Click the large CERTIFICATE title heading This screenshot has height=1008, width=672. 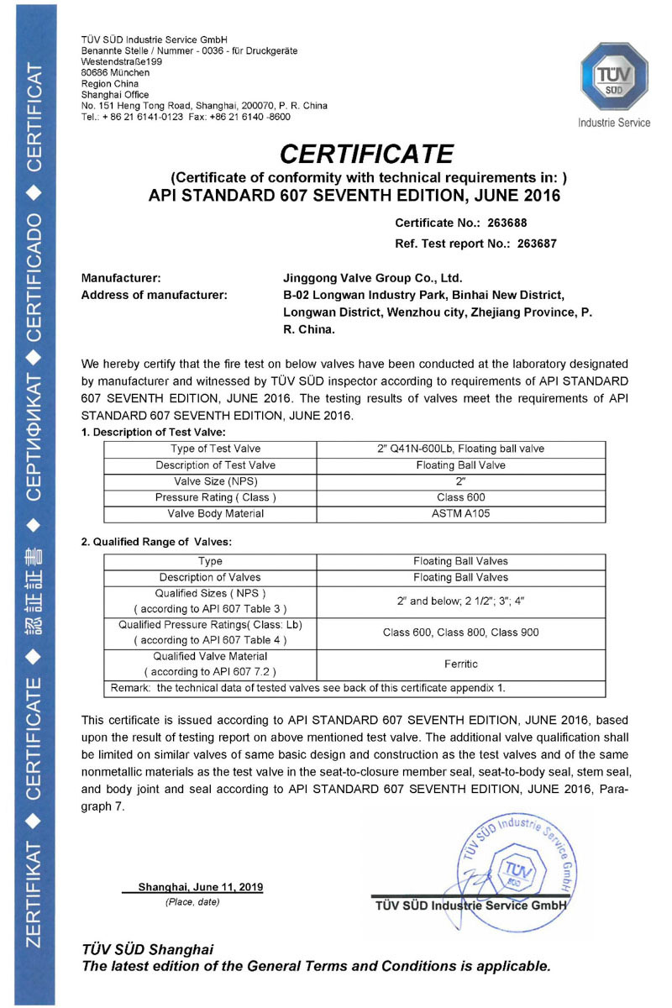pos(366,154)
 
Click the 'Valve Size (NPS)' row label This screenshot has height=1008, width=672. pos(215,481)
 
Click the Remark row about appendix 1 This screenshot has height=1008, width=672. pos(308,688)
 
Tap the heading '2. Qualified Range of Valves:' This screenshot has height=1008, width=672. pos(156,542)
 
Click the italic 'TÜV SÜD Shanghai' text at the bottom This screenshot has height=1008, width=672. pos(147,949)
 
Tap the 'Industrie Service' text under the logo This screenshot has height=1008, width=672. pos(614,123)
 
